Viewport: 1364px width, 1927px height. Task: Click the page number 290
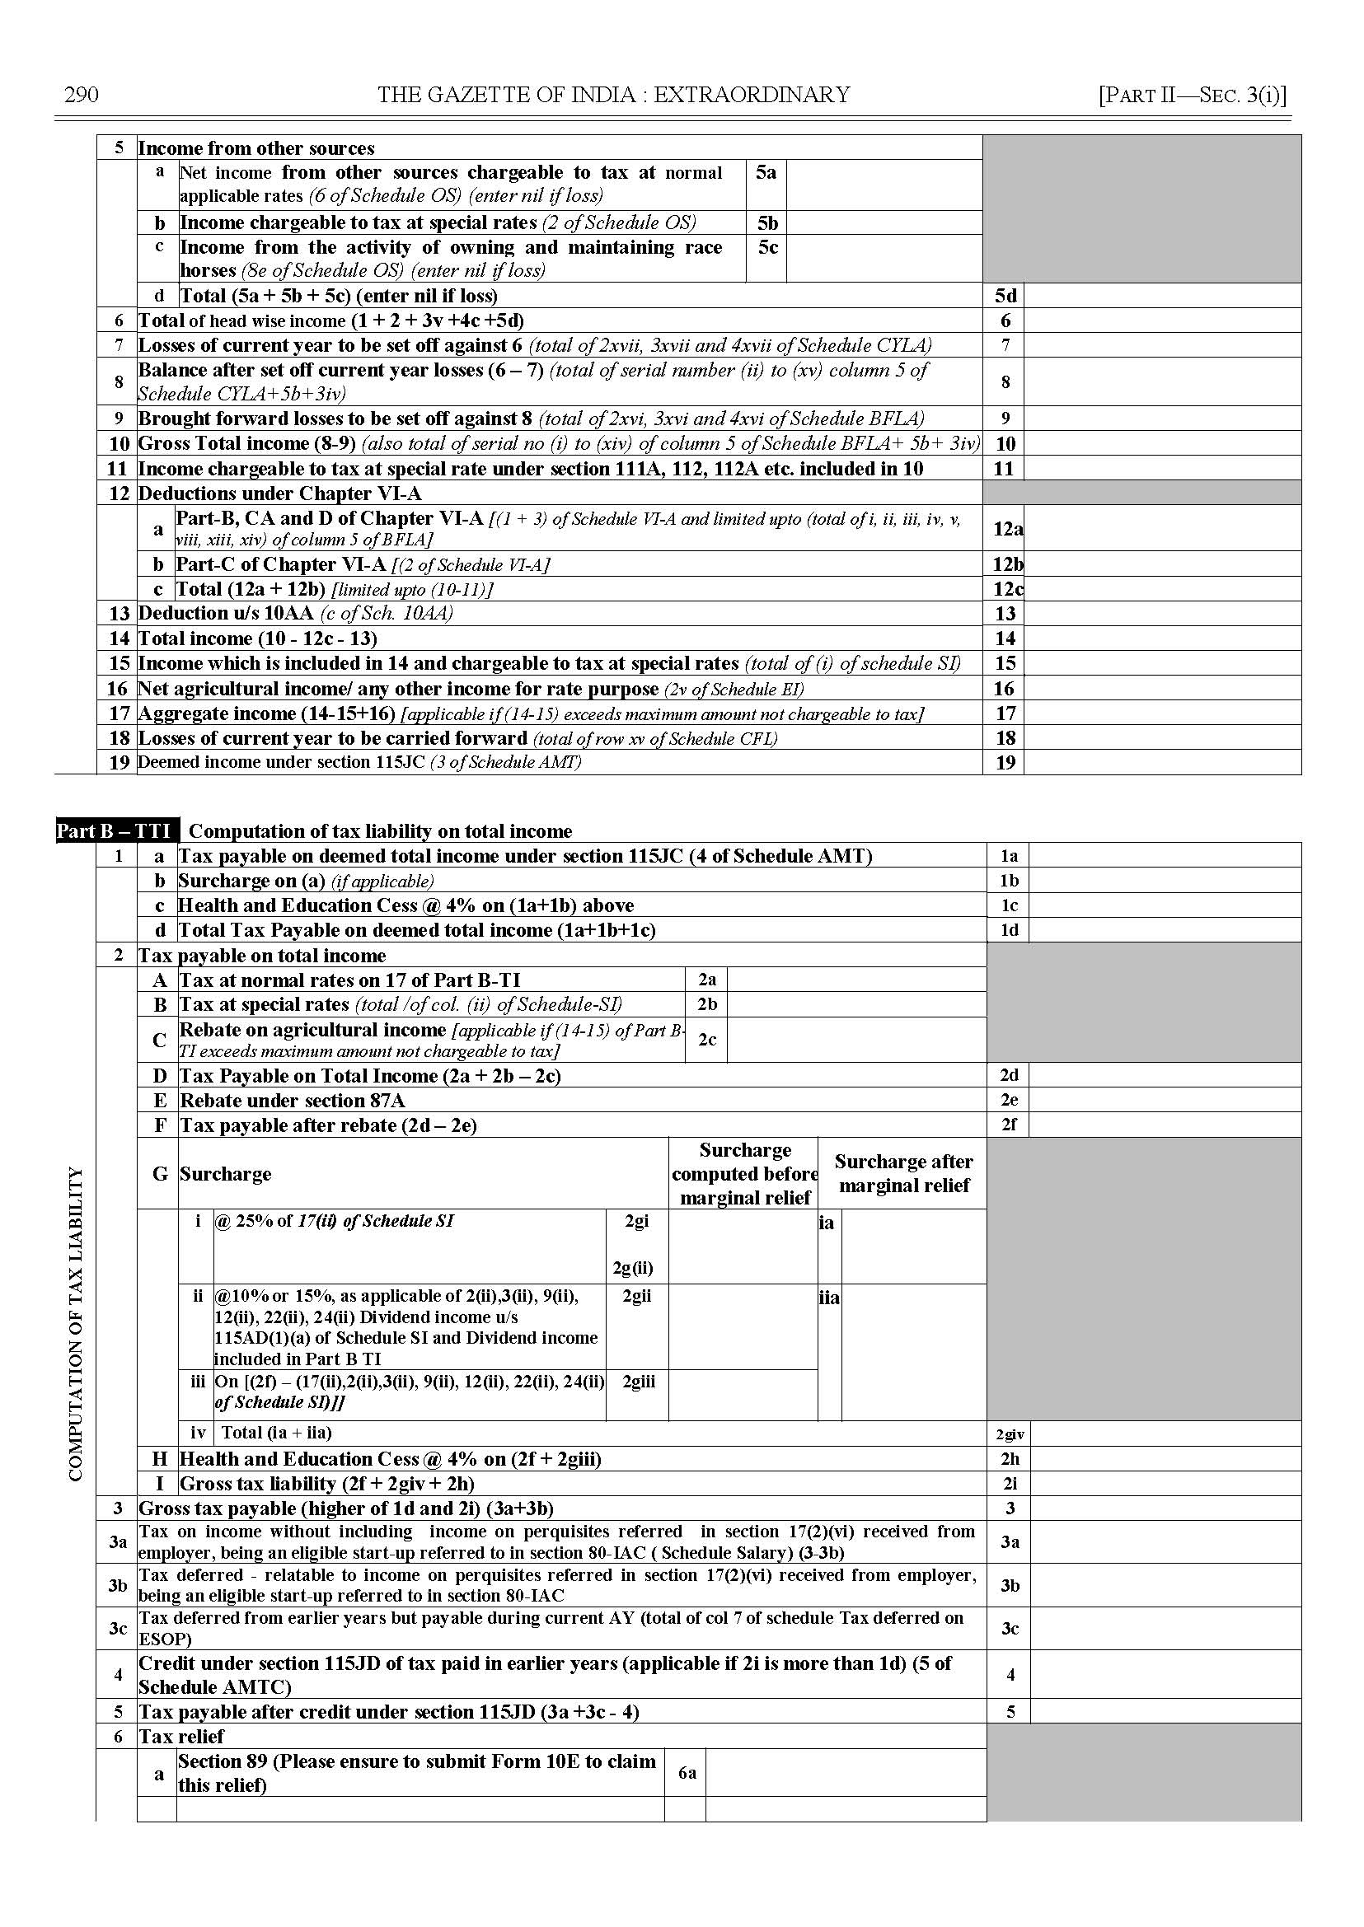[82, 95]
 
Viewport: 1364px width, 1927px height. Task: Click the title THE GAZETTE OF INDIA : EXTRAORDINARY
[613, 95]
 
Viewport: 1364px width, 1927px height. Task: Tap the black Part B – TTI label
[117, 831]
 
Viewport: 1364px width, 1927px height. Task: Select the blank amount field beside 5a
[884, 185]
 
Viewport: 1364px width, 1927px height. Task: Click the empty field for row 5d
[1161, 296]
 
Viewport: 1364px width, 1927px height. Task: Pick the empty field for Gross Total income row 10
[1161, 443]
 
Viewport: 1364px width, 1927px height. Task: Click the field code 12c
[1007, 588]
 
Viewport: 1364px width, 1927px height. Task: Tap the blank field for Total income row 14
[1161, 638]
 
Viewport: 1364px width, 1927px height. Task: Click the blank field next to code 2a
[856, 980]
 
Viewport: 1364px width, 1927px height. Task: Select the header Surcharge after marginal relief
[904, 1173]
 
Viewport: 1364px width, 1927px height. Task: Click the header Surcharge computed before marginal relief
[744, 1173]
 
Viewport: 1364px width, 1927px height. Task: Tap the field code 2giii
[639, 1382]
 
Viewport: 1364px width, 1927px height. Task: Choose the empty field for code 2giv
[1165, 1434]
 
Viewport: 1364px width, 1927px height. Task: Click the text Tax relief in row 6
[181, 1736]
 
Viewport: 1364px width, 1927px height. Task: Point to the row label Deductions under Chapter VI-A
[279, 493]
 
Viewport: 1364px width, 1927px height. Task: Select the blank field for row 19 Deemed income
[1161, 762]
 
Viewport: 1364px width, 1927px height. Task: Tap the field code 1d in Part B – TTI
[1009, 930]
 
